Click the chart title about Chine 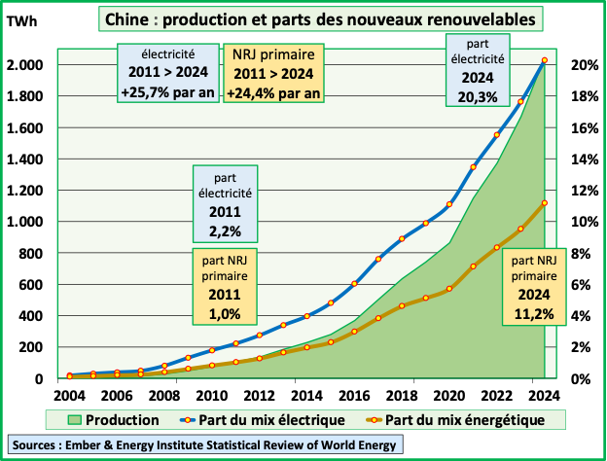[321, 18]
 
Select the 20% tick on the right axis [582, 65]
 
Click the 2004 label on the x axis [70, 397]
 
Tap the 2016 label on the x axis [355, 397]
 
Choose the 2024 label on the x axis [545, 397]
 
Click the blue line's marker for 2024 [545, 60]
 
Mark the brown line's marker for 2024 [545, 202]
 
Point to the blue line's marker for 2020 [449, 204]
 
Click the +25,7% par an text [166, 93]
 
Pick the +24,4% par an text [274, 93]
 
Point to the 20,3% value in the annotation [478, 95]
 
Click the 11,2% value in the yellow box [532, 313]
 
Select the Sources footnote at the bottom [205, 445]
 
